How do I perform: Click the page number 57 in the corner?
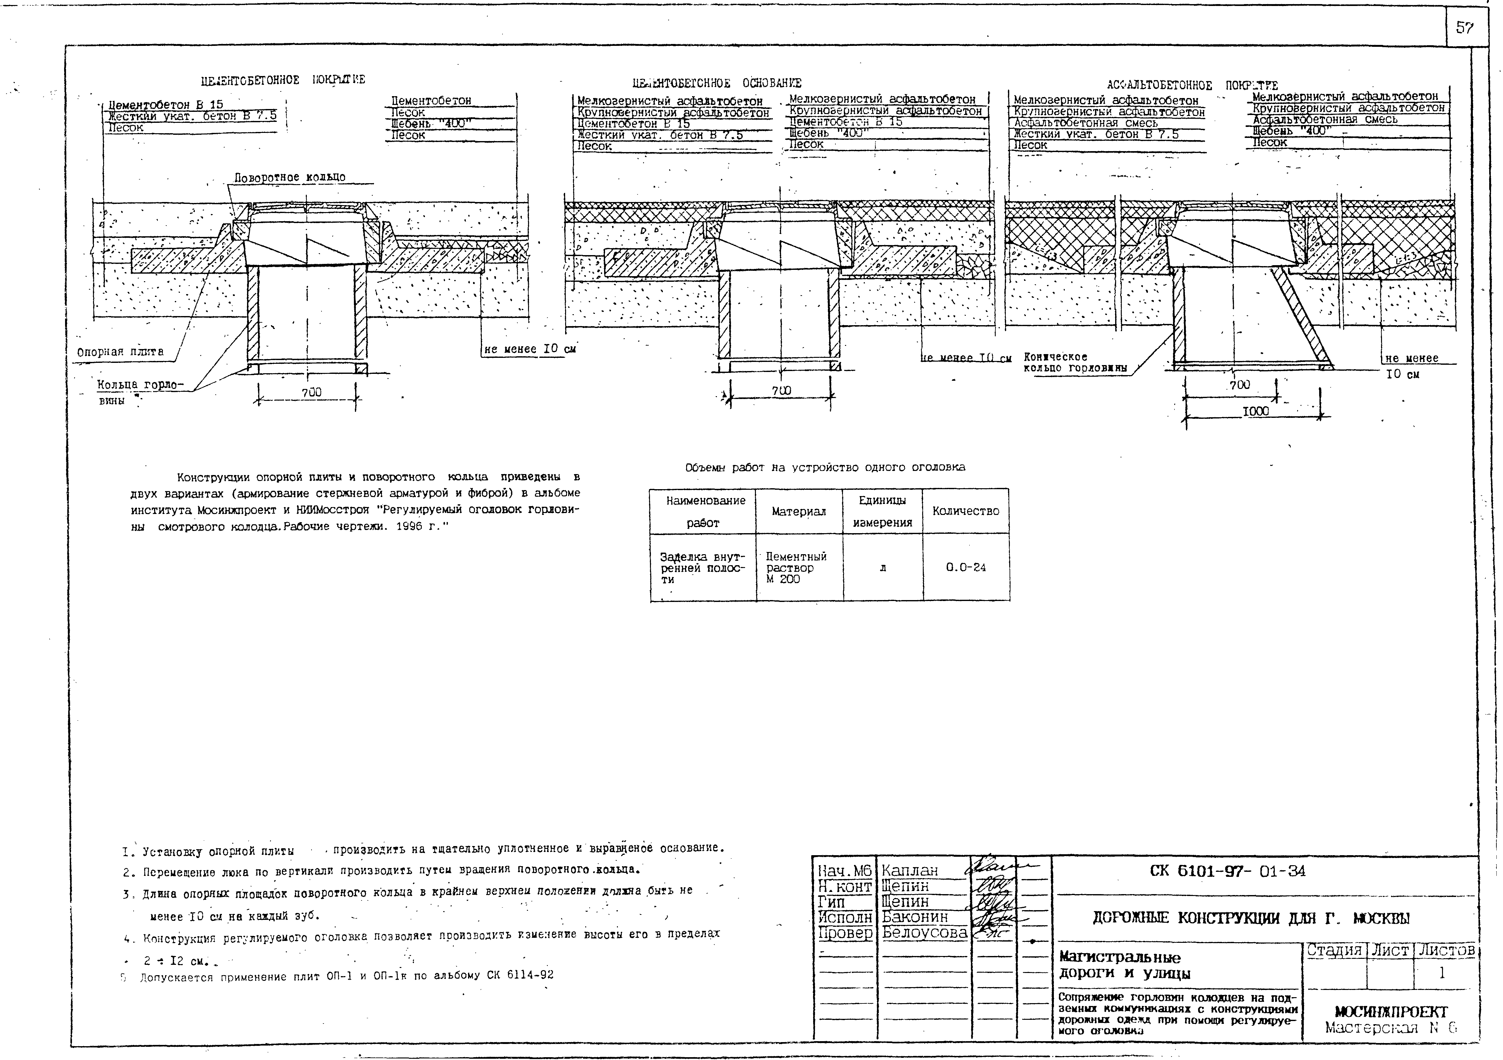click(1464, 28)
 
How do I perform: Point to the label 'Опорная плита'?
click(120, 352)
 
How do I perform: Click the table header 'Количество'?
click(966, 511)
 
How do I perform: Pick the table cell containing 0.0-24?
click(966, 567)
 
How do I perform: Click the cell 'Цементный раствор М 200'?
click(796, 567)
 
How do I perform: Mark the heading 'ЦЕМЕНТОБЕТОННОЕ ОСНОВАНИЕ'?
click(717, 83)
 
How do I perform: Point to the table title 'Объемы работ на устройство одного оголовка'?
click(825, 467)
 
